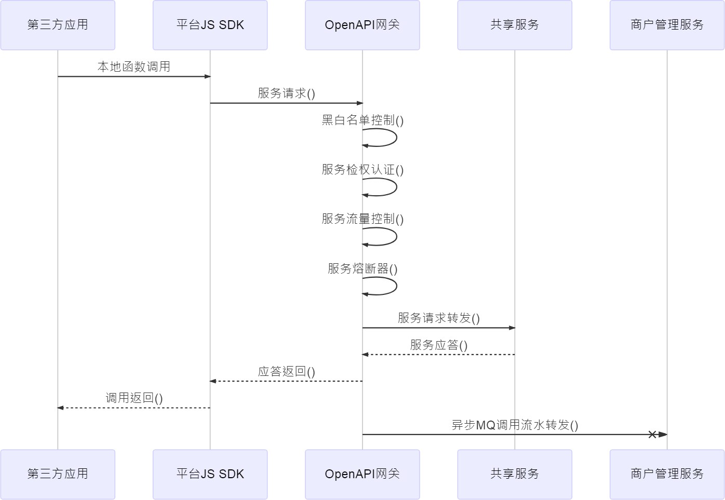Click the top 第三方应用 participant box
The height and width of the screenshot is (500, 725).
[x=58, y=25]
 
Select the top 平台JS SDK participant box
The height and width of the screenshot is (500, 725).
[x=210, y=25]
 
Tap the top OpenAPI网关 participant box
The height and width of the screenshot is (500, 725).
[x=362, y=25]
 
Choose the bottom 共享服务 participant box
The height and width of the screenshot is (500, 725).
[x=515, y=474]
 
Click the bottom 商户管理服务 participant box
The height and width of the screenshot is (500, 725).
[x=667, y=474]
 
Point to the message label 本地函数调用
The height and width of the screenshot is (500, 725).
[x=133, y=66]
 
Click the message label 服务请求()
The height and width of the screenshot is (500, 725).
[x=287, y=93]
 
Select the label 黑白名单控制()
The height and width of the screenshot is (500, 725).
[x=362, y=120]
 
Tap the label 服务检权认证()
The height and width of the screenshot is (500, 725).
[x=362, y=170]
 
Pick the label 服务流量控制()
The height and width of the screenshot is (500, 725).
[x=362, y=219]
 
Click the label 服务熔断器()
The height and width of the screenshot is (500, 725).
[x=362, y=268]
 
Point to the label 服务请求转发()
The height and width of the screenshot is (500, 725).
[x=438, y=318]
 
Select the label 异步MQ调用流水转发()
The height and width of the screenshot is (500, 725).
[x=515, y=425]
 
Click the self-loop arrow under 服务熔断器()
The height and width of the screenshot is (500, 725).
[x=396, y=286]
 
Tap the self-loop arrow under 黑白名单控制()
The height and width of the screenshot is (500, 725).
[x=396, y=138]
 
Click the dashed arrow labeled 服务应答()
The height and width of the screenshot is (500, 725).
[x=438, y=355]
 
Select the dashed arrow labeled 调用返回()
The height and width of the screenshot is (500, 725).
[x=133, y=408]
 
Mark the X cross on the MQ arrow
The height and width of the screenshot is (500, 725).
[x=652, y=435]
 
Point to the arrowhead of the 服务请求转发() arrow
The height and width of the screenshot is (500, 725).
[x=512, y=328]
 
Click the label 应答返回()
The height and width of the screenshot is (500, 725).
[x=287, y=372]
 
